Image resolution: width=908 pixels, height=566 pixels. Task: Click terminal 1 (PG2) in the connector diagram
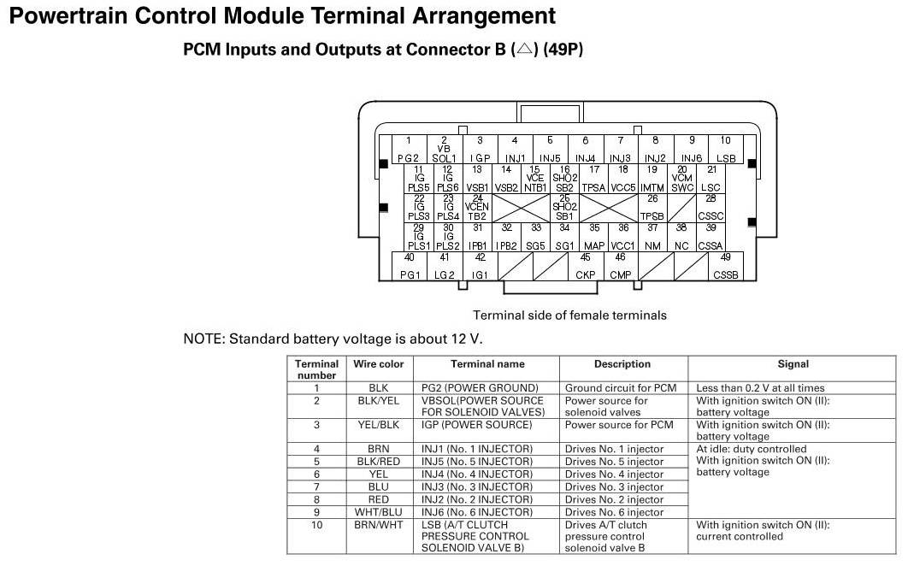409,150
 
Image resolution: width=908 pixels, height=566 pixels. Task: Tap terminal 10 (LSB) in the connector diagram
725,150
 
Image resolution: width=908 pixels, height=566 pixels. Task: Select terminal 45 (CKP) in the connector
586,266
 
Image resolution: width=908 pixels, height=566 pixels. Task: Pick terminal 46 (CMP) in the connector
620,266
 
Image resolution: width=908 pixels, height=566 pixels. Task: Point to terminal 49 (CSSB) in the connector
725,266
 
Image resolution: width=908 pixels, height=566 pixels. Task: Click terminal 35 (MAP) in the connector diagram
594,237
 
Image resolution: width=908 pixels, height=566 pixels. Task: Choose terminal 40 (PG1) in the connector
410,266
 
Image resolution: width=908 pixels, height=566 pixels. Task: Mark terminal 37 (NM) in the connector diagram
652,237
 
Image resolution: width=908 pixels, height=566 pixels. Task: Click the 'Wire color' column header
379,364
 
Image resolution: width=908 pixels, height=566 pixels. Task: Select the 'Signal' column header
793,364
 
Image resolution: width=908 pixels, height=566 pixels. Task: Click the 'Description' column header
622,364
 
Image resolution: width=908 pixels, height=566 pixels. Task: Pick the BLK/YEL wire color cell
379,400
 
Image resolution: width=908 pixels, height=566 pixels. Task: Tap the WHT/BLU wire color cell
379,512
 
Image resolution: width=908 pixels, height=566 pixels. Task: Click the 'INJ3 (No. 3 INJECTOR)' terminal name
477,486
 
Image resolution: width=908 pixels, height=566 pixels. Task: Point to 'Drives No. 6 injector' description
614,512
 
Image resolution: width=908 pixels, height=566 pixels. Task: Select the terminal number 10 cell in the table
317,525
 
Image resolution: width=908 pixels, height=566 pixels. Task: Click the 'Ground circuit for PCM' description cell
621,387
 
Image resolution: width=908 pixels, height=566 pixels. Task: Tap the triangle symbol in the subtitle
523,50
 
